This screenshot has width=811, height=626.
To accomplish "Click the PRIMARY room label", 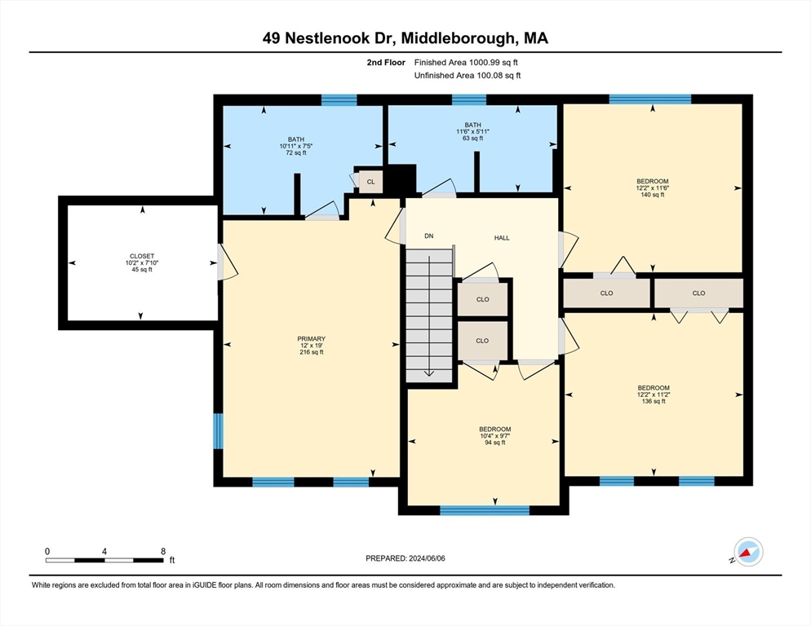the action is [x=312, y=338].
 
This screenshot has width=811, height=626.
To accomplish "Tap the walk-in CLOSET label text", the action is [x=142, y=256].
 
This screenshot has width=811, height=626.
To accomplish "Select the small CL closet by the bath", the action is [x=371, y=182].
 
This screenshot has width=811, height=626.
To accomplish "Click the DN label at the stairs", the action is [x=429, y=236].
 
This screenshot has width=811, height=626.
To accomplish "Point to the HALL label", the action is [x=502, y=238].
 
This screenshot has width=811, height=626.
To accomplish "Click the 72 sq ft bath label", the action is [x=296, y=146].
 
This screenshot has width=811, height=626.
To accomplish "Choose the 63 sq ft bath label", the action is [x=472, y=132].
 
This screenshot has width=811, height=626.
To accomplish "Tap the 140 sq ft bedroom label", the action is [x=653, y=188].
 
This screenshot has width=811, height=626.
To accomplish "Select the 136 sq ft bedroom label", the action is [x=654, y=395].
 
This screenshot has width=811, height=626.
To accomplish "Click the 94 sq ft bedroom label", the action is [x=495, y=436].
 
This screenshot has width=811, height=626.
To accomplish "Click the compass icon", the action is [x=748, y=552].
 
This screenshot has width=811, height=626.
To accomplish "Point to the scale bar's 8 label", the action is [x=163, y=552].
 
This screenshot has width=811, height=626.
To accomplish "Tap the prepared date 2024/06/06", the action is [x=427, y=558].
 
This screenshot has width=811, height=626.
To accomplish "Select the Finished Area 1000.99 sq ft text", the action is [x=466, y=63].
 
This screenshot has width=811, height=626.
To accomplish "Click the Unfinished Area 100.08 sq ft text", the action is [x=468, y=76].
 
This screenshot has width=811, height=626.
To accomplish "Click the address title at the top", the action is [x=405, y=38].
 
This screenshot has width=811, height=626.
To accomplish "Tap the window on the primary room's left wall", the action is [x=219, y=431].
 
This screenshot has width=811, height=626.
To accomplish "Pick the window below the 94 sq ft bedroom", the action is [x=485, y=511].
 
